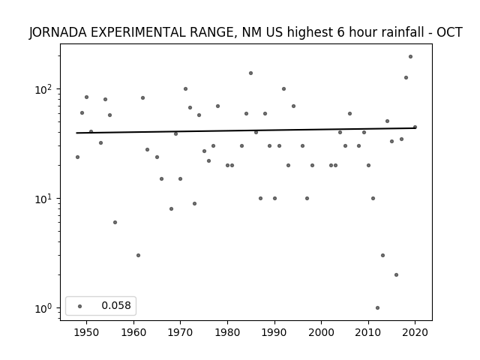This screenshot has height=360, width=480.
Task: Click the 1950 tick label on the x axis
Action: [x=87, y=332]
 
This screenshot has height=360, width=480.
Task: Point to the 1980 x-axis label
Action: [x=227, y=332]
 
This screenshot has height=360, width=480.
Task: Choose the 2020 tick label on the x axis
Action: [x=415, y=332]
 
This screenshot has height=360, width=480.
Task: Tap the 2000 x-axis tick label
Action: [x=321, y=332]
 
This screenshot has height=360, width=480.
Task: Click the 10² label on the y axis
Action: [x=45, y=90]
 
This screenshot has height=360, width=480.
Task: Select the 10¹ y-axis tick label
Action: [x=45, y=199]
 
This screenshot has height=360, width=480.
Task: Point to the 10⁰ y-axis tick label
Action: [x=45, y=308]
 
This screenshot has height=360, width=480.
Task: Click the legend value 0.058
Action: [x=116, y=305]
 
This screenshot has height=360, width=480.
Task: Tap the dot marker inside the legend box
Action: [x=80, y=306]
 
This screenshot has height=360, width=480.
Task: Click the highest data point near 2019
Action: [x=410, y=57]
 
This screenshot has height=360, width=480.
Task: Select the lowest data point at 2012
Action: [x=377, y=308]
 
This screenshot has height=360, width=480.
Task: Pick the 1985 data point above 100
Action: [x=250, y=73]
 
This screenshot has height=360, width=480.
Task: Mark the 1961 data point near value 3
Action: [x=138, y=255]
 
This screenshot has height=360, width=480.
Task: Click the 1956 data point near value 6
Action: [x=115, y=222]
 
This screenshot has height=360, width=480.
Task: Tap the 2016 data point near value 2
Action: [x=396, y=275]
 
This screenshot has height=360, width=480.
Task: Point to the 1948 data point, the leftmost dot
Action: [x=77, y=157]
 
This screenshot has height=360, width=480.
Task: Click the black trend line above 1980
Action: [x=227, y=130]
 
